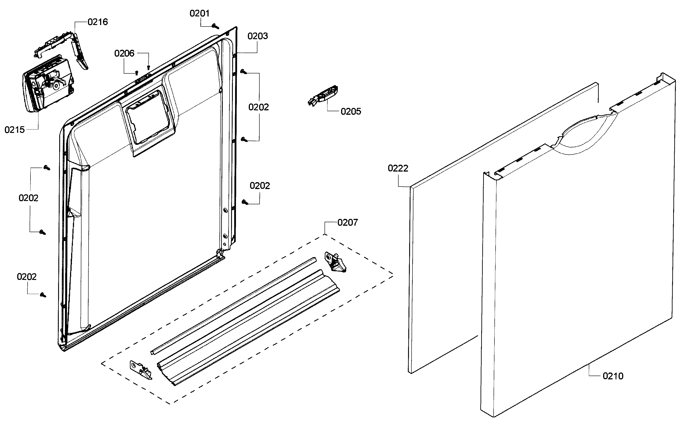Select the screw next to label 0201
point(216,26)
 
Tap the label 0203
point(257,36)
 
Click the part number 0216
point(98,22)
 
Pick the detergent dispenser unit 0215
point(48,84)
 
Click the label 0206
point(124,53)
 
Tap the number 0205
point(351,111)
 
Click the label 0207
point(347,222)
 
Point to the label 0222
point(398,168)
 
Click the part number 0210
point(613,376)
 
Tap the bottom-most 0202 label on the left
point(27,277)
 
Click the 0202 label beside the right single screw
point(260,186)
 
